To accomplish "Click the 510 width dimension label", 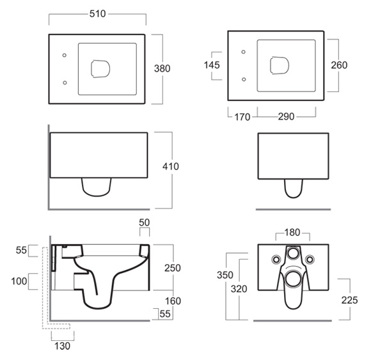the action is coord(97,14).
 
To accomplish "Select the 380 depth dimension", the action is coord(162,68).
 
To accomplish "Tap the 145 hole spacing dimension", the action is coord(212,65).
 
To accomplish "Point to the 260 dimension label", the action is coord(339,65).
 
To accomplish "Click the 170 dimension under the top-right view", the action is coord(242,117).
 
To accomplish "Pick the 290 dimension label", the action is coord(286,116).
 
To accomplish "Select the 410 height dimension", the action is coord(171,166).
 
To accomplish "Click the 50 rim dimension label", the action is coord(144,223).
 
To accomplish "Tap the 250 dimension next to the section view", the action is coord(173,268).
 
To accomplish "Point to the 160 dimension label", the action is coord(173,301).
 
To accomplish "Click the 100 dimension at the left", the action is coord(19,281).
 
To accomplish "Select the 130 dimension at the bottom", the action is coord(62,346).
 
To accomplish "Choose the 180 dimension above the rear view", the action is coord(292,233).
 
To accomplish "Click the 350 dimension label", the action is coord(225,275).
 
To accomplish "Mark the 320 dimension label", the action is coord(239,289).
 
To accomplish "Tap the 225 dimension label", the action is coord(349,300).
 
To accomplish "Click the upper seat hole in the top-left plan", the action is coord(65,55).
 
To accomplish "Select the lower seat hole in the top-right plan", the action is coord(244,79).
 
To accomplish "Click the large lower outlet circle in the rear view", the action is coord(293,279).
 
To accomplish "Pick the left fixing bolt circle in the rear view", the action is coord(276,260).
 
